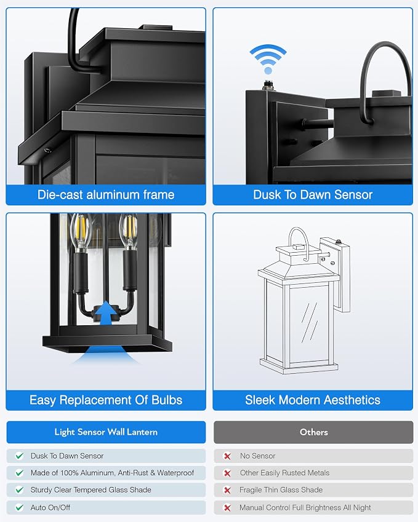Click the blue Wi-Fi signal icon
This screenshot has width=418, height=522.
pyautogui.click(x=268, y=59)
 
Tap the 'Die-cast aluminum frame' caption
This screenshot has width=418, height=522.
pyautogui.click(x=106, y=195)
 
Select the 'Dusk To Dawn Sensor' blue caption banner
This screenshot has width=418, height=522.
pyautogui.click(x=313, y=195)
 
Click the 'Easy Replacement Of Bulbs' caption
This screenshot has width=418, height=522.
pyautogui.click(x=106, y=400)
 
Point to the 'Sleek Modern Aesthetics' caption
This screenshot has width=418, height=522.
pyautogui.click(x=313, y=400)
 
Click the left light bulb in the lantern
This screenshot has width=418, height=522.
pyautogui.click(x=80, y=232)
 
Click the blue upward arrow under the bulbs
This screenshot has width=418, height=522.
pyautogui.click(x=106, y=312)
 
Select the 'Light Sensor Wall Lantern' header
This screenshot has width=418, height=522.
pyautogui.click(x=106, y=432)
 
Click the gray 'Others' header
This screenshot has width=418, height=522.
pyautogui.click(x=313, y=432)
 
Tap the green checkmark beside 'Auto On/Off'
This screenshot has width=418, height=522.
pyautogui.click(x=20, y=507)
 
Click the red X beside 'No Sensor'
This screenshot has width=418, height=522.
pyautogui.click(x=227, y=456)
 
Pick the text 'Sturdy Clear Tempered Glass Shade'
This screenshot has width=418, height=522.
pyautogui.click(x=90, y=489)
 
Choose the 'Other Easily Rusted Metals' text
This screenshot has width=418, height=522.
pyautogui.click(x=284, y=473)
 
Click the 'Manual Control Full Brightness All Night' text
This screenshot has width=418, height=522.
pyautogui.click(x=305, y=507)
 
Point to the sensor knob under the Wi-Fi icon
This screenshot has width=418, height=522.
pyautogui.click(x=267, y=85)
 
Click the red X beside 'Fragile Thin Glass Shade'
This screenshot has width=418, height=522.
pyautogui.click(x=227, y=490)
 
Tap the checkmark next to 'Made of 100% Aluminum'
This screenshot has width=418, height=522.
pyautogui.click(x=20, y=473)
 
